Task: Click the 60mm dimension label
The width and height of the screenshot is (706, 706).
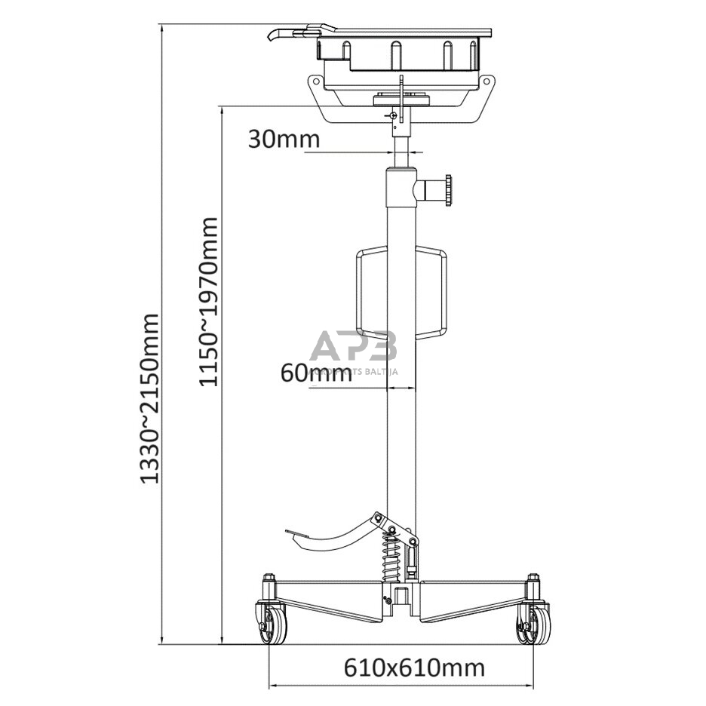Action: coord(315,373)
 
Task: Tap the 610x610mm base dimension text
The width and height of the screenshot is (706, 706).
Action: coord(414,667)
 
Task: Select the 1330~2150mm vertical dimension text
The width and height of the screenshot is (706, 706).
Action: coord(151,398)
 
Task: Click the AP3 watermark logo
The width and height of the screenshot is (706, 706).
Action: coord(353,349)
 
